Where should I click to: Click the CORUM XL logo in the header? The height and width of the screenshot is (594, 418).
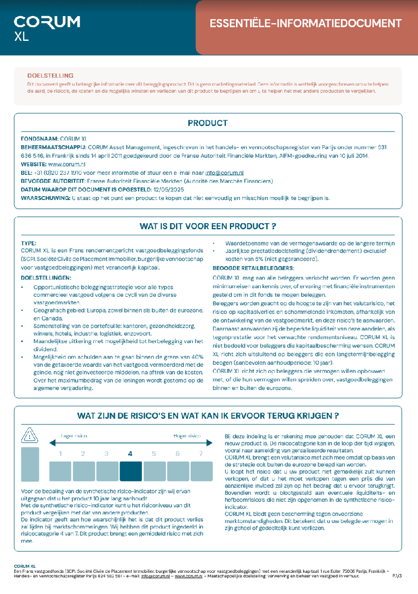pos(47,28)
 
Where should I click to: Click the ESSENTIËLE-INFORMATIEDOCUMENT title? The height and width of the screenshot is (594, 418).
pos(305,24)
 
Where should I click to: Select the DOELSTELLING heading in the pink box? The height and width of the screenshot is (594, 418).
pos(50,76)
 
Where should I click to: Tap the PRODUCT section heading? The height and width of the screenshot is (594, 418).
pos(207,123)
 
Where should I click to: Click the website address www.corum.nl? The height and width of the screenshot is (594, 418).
pos(67,164)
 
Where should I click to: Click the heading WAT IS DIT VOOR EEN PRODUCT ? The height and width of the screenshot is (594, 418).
pos(208,226)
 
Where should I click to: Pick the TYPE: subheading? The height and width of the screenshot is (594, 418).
pos(29,243)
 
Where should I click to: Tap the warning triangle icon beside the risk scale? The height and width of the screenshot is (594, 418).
pos(30,435)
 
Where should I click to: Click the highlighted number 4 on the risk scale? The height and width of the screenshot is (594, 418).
pos(130,453)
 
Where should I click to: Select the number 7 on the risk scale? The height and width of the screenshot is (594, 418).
pos(201,453)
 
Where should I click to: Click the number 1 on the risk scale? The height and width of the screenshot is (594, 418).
pos(60,453)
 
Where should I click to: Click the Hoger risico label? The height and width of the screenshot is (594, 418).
pos(187,435)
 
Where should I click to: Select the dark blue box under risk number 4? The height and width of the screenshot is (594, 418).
pos(131,471)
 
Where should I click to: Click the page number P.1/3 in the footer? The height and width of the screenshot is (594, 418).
pos(397,575)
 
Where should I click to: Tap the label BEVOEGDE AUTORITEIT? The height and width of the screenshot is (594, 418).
pos(53,181)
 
